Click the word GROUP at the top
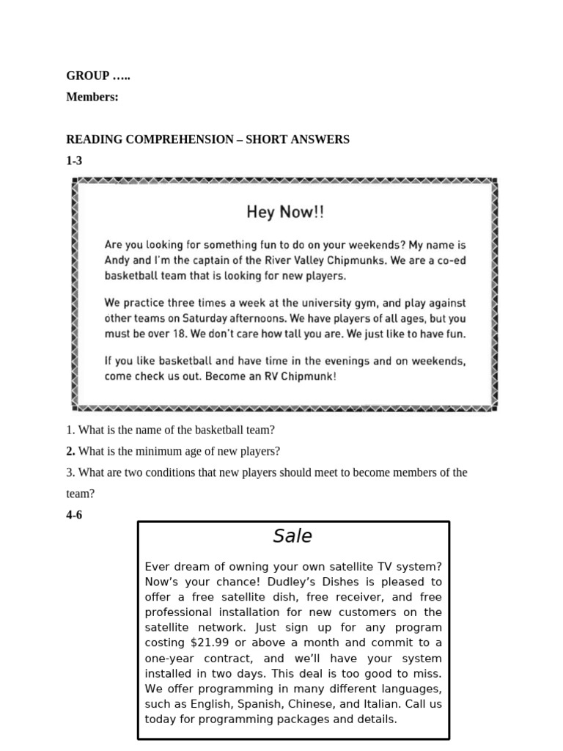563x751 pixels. tap(87, 76)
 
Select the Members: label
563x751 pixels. tap(92, 97)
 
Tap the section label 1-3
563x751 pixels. tap(74, 161)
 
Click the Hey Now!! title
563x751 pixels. tap(284, 213)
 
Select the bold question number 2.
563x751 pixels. tap(70, 451)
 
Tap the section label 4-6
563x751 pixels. tap(74, 515)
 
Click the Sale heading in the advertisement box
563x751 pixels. tap(292, 536)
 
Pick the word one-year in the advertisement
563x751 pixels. tap(172, 659)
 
